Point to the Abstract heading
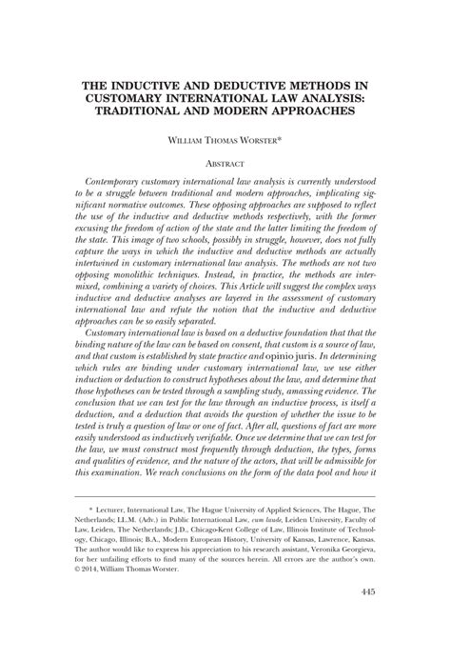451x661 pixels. [225, 163]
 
